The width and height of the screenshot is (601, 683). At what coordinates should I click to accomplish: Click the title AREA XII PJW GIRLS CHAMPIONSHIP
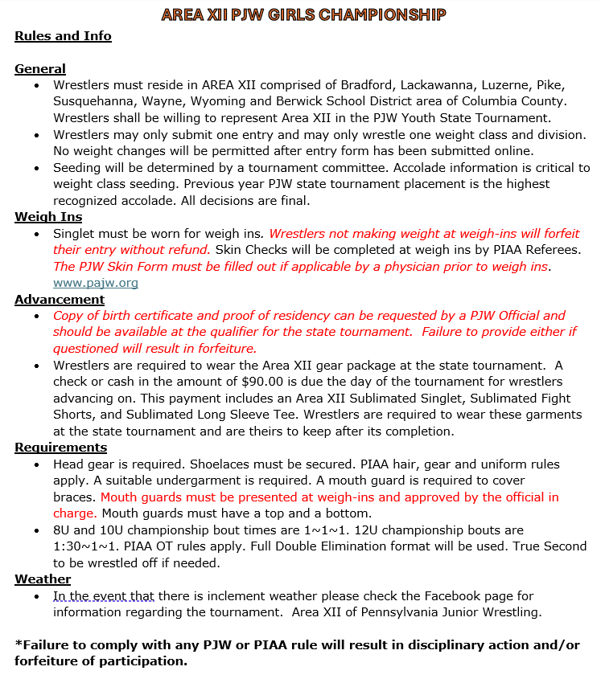303,14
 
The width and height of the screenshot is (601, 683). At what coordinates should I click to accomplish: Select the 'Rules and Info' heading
63,36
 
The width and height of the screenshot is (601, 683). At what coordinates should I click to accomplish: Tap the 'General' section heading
40,69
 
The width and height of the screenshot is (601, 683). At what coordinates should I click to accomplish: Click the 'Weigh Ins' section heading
48,217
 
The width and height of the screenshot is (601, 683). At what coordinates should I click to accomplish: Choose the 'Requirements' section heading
60,448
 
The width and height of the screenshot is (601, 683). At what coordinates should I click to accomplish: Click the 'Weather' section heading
43,579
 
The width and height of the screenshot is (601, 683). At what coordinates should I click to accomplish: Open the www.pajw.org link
95,283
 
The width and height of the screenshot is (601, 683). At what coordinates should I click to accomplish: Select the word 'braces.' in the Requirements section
75,497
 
